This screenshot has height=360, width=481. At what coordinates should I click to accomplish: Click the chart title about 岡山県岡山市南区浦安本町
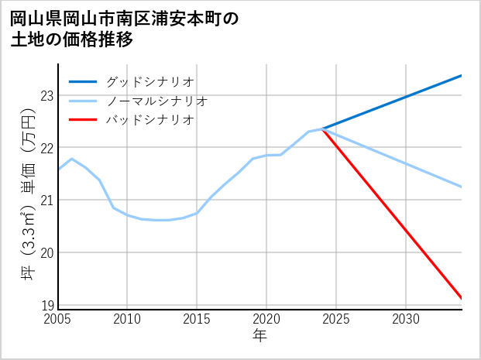click(x=124, y=29)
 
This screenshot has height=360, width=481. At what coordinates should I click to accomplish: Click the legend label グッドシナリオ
click(x=149, y=81)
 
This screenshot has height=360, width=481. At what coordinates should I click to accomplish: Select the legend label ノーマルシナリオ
click(x=156, y=101)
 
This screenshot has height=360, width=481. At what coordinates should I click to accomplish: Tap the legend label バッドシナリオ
click(x=149, y=120)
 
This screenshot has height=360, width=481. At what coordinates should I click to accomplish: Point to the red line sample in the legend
click(x=83, y=120)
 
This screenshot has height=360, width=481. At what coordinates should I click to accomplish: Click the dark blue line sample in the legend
click(x=83, y=81)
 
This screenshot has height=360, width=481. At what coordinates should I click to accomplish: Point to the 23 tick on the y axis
click(x=46, y=95)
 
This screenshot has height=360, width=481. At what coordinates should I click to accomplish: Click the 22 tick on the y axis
click(x=46, y=148)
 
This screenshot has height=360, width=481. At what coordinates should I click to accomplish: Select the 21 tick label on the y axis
click(x=46, y=201)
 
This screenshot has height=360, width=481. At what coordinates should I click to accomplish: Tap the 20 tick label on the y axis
click(x=46, y=253)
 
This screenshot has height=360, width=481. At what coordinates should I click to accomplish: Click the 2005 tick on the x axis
click(x=58, y=319)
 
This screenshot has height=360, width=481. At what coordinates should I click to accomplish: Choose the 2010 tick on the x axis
click(x=127, y=319)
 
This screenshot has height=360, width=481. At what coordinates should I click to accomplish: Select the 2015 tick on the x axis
click(x=197, y=319)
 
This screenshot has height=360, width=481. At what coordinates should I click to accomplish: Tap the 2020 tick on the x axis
click(x=266, y=319)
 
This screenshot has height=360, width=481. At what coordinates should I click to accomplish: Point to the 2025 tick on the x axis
click(x=336, y=319)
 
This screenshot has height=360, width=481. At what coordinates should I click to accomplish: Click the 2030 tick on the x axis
click(x=406, y=319)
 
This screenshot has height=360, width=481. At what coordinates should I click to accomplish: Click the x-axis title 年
click(x=259, y=336)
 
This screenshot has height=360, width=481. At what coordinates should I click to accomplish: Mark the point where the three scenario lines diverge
click(x=322, y=129)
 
